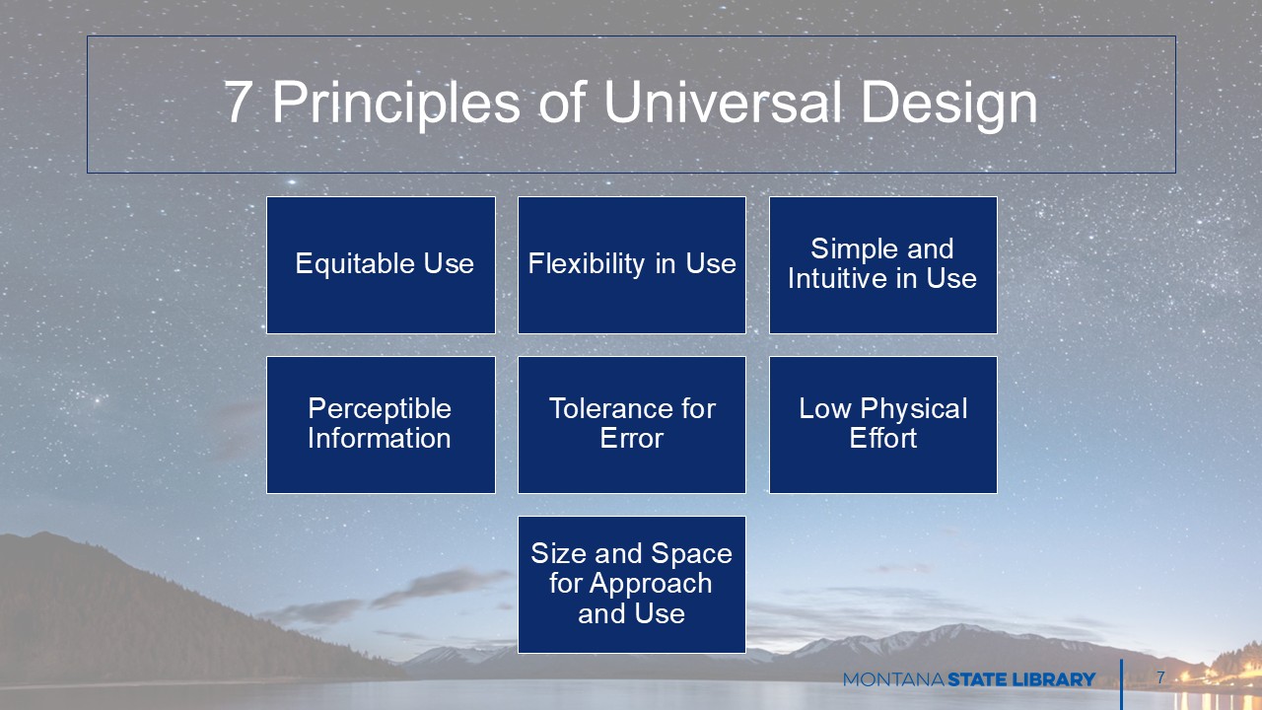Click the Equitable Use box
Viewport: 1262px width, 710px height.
pos(381,265)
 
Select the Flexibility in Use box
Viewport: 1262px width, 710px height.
pos(632,265)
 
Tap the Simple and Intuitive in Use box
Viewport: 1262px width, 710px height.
pos(882,265)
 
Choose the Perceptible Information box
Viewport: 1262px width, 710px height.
pos(381,425)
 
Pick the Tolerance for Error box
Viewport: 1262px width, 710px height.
pos(632,425)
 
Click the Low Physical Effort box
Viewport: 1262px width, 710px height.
pos(882,425)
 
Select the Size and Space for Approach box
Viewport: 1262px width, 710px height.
pos(632,585)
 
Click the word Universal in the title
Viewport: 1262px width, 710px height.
pos(723,102)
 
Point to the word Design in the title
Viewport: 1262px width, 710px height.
pos(949,106)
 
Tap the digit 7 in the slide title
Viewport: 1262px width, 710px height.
pos(238,102)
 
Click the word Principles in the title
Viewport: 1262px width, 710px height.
pos(396,106)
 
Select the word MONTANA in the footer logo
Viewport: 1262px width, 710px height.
pos(893,679)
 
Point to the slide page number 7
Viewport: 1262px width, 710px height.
pos(1160,677)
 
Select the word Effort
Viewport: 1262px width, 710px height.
pos(882,438)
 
